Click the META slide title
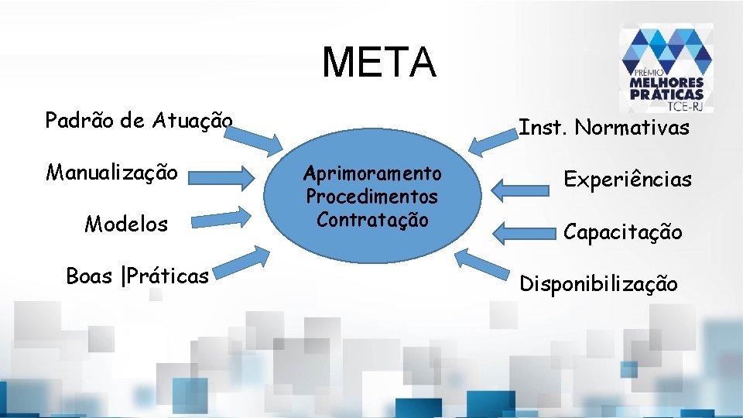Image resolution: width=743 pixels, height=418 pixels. pyautogui.click(x=378, y=62)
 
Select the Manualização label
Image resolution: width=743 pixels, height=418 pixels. pyautogui.click(x=112, y=171)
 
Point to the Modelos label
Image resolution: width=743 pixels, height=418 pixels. pyautogui.click(x=126, y=224)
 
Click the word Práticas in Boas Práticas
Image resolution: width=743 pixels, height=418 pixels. pyautogui.click(x=171, y=276)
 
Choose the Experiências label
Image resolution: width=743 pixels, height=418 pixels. pyautogui.click(x=627, y=180)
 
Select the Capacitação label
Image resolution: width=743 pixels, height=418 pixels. pyautogui.click(x=622, y=231)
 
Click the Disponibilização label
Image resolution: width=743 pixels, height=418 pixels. pyautogui.click(x=598, y=284)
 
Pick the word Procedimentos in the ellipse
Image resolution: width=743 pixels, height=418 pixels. pyautogui.click(x=372, y=197)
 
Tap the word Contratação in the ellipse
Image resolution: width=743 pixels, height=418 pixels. pyautogui.click(x=372, y=220)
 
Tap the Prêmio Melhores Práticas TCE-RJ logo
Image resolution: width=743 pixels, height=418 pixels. pyautogui.click(x=666, y=68)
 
